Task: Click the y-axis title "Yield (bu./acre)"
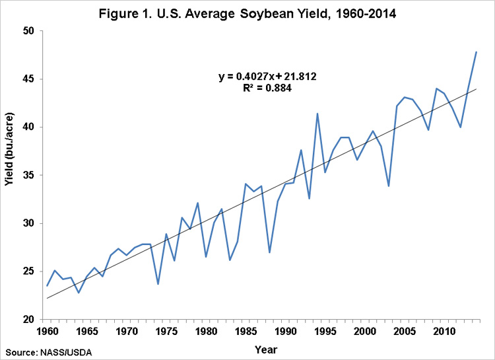coord(10,175)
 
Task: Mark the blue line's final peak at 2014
coord(476,52)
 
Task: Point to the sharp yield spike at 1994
coord(317,114)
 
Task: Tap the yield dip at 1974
coord(158,284)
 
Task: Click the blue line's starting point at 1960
coord(47,285)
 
